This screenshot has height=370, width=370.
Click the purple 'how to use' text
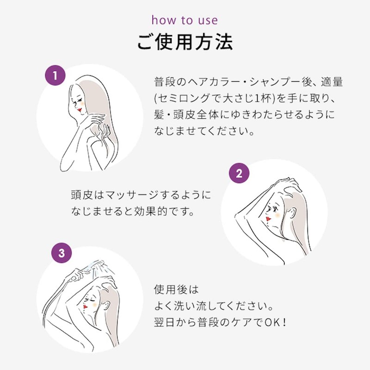click(x=185, y=20)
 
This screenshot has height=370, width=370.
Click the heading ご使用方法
click(x=185, y=42)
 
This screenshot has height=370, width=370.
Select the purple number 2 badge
click(x=239, y=174)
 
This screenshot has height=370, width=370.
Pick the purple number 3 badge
click(x=62, y=253)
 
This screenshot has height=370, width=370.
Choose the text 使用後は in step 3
click(x=176, y=290)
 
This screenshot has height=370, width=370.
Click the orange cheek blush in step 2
click(x=275, y=214)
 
